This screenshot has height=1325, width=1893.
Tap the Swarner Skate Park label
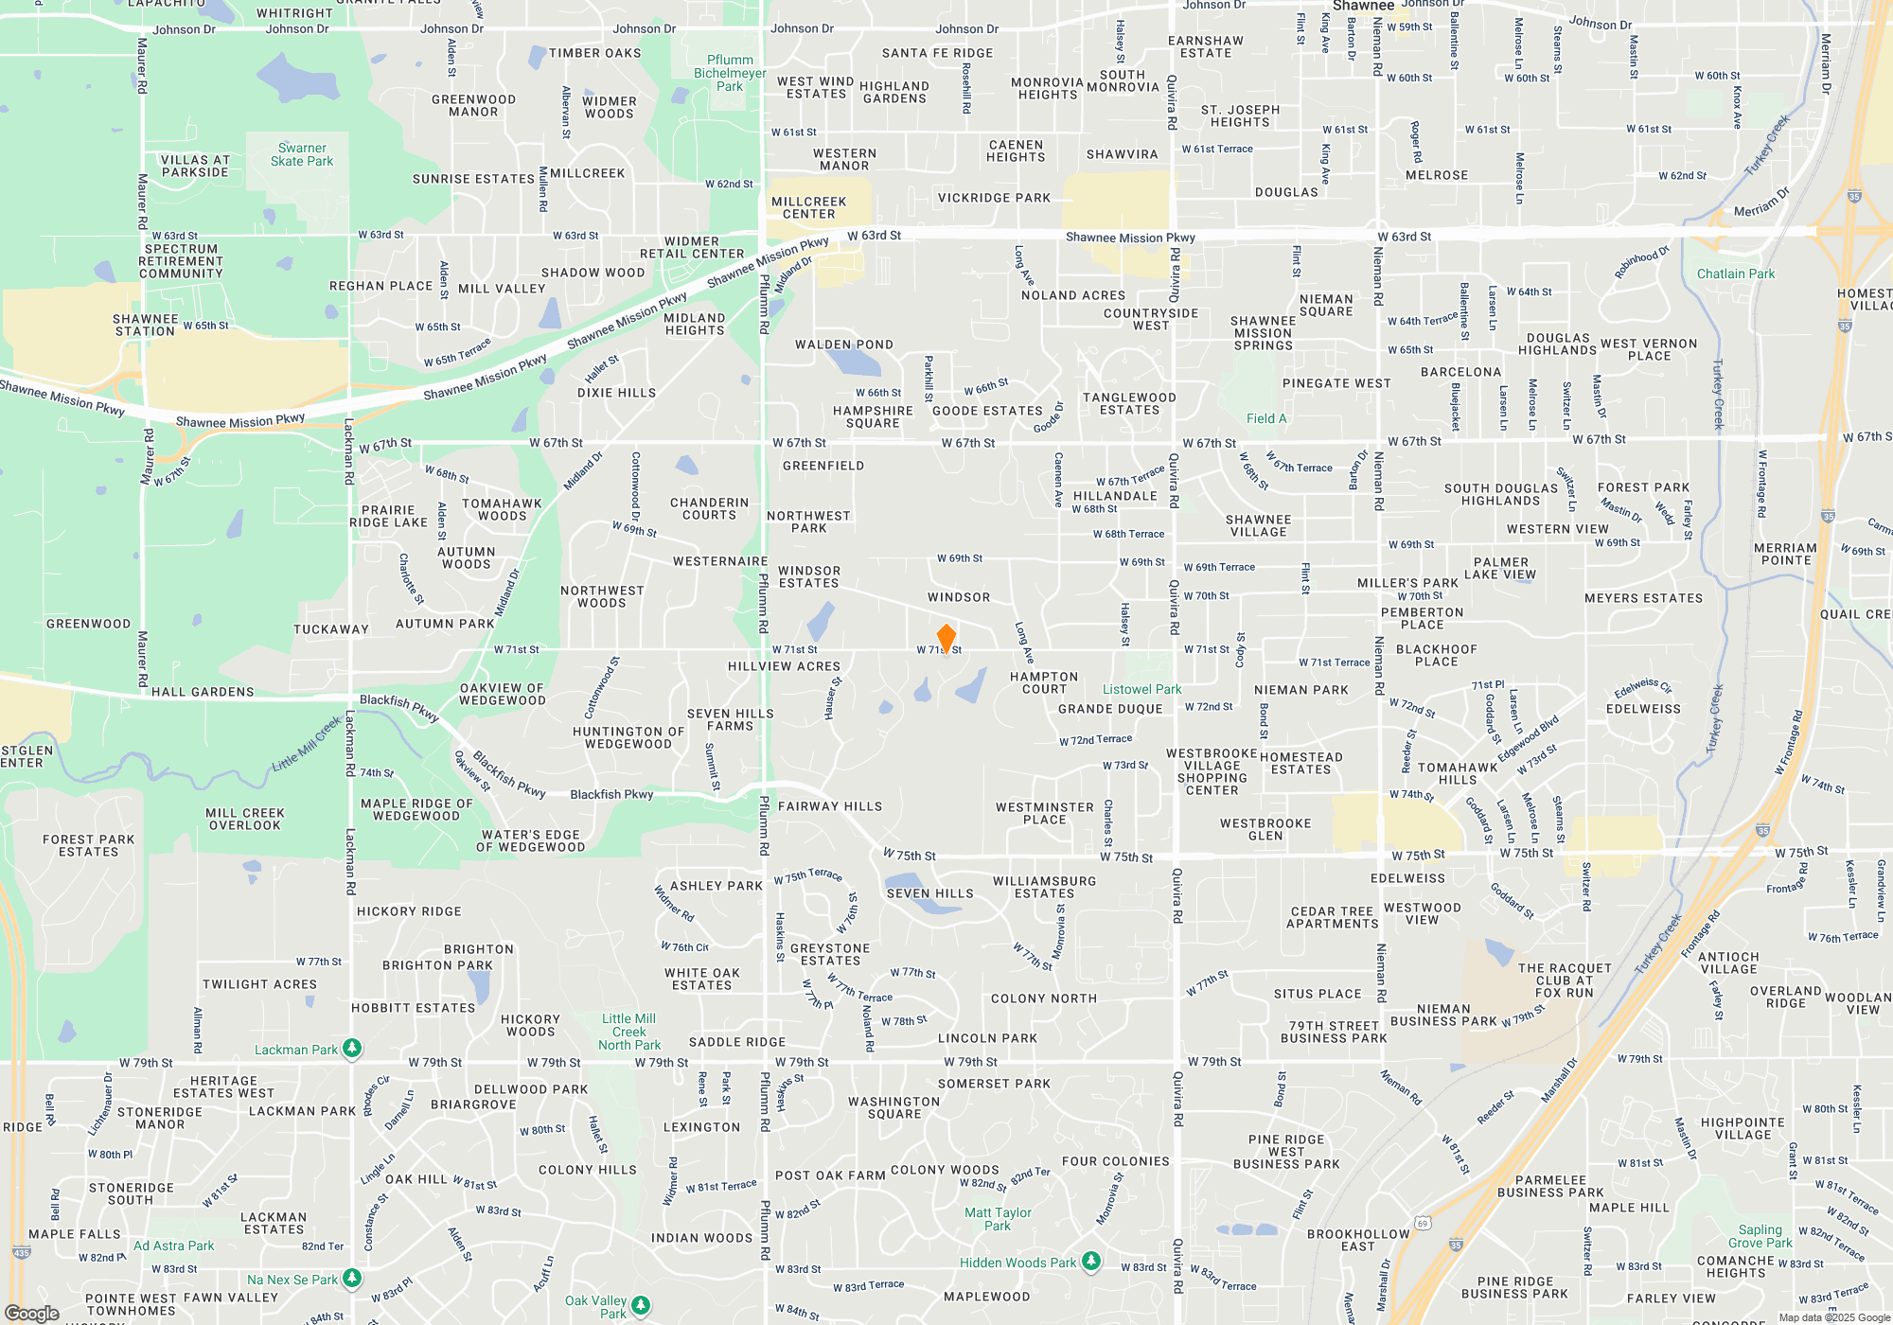(302, 155)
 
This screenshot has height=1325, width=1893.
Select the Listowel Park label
(1141, 690)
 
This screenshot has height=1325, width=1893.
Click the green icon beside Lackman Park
(352, 1048)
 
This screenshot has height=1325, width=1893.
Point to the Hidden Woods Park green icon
(1091, 1261)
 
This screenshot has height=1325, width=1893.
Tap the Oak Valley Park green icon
(641, 1305)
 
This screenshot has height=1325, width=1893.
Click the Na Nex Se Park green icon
(352, 1279)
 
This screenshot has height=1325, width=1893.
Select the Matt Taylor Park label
(998, 1219)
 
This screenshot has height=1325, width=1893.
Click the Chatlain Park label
(1736, 274)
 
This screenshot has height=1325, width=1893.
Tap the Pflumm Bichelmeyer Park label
(730, 73)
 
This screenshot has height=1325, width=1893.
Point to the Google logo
(32, 1313)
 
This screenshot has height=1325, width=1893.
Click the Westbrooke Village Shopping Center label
(1212, 771)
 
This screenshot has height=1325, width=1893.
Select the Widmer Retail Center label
(692, 248)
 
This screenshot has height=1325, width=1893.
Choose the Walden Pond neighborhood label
(844, 344)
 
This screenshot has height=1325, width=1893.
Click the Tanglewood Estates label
(1129, 404)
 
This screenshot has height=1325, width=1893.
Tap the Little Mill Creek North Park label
(629, 1032)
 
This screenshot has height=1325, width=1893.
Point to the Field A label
(1266, 418)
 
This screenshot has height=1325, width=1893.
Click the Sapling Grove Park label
(1760, 1236)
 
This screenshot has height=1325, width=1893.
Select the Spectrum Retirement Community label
(182, 261)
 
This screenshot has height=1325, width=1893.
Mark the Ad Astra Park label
(174, 1245)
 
